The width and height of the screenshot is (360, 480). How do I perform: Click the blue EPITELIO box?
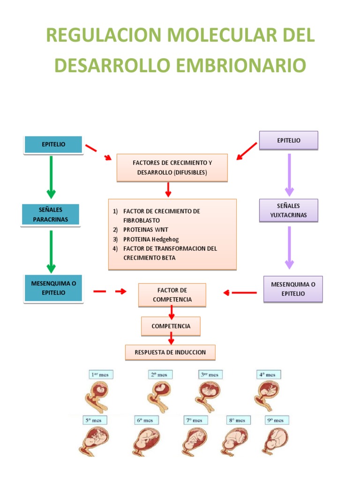pyautogui.click(x=53, y=144)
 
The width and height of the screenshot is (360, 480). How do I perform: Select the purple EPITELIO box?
pyautogui.click(x=289, y=140)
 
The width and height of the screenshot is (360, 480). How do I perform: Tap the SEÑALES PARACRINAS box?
pyautogui.click(x=51, y=215)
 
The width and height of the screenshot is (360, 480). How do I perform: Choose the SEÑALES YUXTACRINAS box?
pyautogui.click(x=289, y=210)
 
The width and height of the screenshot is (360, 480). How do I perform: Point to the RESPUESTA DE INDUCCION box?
pyautogui.click(x=170, y=352)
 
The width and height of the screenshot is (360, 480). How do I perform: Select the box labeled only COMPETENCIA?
pyautogui.click(x=171, y=326)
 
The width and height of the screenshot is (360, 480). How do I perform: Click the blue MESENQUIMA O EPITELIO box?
pyautogui.click(x=54, y=288)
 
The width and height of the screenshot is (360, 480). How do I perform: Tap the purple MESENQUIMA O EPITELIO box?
pyautogui.click(x=293, y=289)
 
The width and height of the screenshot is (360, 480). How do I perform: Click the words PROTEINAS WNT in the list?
pyautogui.click(x=145, y=230)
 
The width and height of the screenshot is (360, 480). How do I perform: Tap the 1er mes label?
pyautogui.click(x=102, y=375)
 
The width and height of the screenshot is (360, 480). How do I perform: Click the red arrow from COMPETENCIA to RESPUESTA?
pyautogui.click(x=172, y=338)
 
